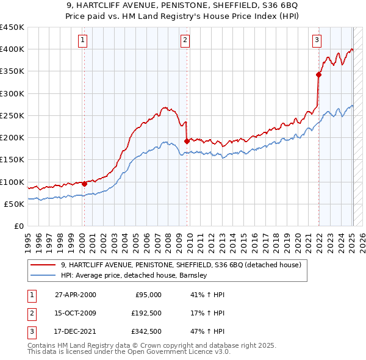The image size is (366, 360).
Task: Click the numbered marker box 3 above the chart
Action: (x=317, y=41)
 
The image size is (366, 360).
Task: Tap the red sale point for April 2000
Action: (x=84, y=183)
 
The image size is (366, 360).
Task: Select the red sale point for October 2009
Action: (x=186, y=140)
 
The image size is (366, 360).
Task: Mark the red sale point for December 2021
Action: (x=318, y=74)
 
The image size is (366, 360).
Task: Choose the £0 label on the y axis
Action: (x=18, y=226)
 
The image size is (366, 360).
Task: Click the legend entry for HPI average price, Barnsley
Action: (x=134, y=276)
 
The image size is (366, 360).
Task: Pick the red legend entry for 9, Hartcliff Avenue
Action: (x=181, y=265)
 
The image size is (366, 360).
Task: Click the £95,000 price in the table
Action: (x=148, y=295)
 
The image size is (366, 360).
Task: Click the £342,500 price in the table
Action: (x=146, y=333)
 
